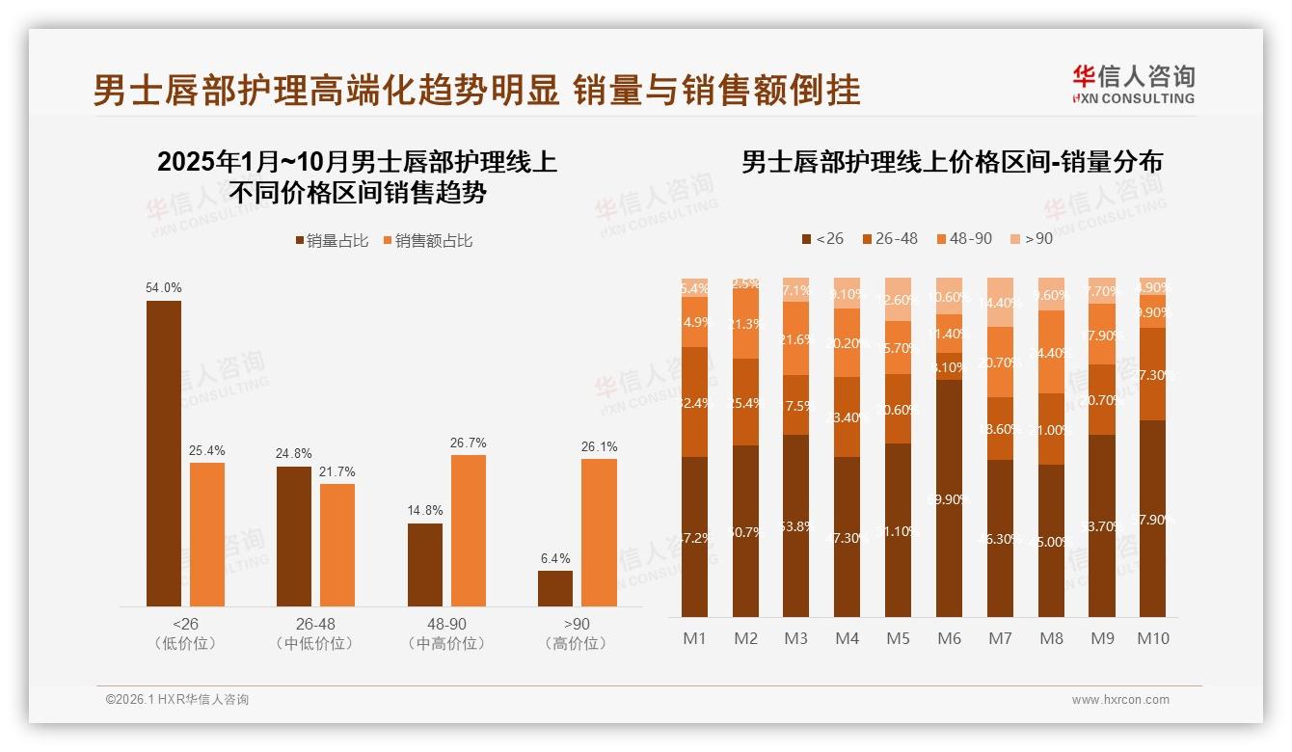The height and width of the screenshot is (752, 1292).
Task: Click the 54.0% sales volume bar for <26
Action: pos(163,453)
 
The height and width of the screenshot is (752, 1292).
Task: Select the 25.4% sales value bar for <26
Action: pos(206,534)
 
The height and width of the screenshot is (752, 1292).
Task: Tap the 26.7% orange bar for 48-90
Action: pos(468,530)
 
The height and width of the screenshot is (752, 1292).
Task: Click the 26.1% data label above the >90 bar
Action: pos(599,447)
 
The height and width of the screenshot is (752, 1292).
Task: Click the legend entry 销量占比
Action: pos(332,241)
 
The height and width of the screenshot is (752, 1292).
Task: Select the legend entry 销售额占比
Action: pos(428,241)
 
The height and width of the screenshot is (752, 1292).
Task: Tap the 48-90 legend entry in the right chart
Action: pos(963,238)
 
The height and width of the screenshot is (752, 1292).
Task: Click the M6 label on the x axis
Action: pos(950,638)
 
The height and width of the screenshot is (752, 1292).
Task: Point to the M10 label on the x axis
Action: pos(1152,638)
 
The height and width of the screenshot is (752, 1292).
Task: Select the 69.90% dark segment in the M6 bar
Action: pos(950,498)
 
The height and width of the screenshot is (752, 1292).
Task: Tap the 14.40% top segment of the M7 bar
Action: pos(1000,302)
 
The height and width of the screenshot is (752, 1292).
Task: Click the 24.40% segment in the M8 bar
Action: pos(1051,352)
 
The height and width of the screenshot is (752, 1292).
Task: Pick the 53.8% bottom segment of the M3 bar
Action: pos(795,525)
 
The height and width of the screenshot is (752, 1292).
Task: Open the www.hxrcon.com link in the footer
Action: pos(1120,700)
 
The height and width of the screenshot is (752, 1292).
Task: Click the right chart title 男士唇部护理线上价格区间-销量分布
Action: pos(952,162)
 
